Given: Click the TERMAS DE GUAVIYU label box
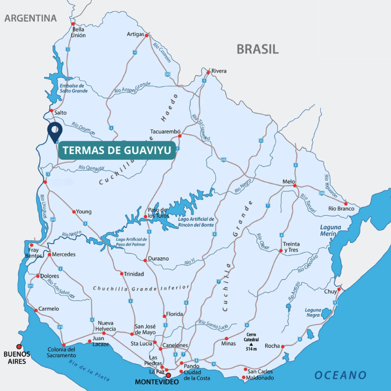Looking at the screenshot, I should pos(117,150).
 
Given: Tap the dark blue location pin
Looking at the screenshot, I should pos(55,132).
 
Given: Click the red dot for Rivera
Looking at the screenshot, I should pos(208,72).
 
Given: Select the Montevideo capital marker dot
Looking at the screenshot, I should pos(168,375).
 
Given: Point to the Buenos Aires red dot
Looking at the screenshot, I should pos(19,346).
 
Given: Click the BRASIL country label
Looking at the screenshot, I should pos(257,49).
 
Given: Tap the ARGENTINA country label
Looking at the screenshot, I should pos(31,18).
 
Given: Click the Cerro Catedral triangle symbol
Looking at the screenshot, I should pos(251,344).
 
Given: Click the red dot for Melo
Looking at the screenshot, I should pos(294,186).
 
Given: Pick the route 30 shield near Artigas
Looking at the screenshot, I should pos(167,73).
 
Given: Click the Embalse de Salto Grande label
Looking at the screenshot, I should pos(74,88).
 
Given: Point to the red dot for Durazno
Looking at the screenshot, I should pos(145,260).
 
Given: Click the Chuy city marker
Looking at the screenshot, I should pos(339,289).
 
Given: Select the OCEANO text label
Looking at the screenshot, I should pos(340,375).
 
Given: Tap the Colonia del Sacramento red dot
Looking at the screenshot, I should pos(64,345).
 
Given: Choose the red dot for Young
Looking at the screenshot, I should pos(74,212).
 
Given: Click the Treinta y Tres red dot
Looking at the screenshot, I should pos(281,251).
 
